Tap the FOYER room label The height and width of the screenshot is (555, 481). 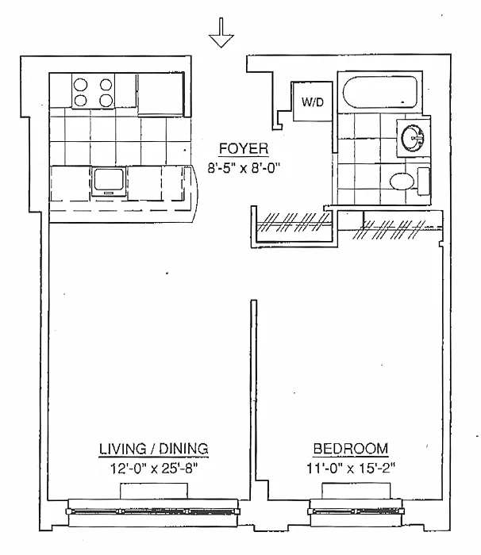click(x=244, y=148)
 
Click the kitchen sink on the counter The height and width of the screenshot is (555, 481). click(x=107, y=181)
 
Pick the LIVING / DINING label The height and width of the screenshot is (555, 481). click(x=153, y=450)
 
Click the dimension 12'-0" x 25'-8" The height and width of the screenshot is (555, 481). click(x=153, y=468)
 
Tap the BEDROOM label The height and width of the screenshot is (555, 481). click(x=350, y=450)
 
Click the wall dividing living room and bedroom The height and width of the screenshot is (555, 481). click(x=253, y=396)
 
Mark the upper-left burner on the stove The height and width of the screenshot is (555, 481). click(x=82, y=82)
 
